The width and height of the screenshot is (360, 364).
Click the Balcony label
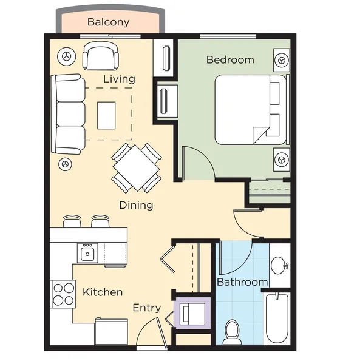(x=108, y=22)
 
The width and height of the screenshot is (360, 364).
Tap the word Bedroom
(x=230, y=59)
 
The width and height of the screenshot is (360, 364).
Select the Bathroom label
(x=242, y=282)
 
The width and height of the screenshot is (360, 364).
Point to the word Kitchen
(x=103, y=292)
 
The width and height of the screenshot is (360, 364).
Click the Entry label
(x=147, y=308)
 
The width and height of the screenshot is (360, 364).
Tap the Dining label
(x=136, y=205)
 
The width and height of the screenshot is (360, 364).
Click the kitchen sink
(x=87, y=253)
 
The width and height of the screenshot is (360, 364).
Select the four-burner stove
(x=63, y=294)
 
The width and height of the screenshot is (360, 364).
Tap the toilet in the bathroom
(x=232, y=332)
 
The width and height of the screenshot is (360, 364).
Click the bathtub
(x=277, y=320)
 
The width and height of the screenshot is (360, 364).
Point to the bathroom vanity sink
(x=279, y=265)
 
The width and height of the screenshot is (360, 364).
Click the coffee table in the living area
(x=106, y=115)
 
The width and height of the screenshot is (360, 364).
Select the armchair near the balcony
(x=101, y=56)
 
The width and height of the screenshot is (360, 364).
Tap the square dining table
(x=137, y=168)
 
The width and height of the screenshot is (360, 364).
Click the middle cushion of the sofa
(x=70, y=114)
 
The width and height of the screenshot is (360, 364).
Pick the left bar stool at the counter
(x=72, y=221)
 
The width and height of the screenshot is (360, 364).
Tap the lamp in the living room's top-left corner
(x=67, y=56)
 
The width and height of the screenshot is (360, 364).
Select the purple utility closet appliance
(x=192, y=313)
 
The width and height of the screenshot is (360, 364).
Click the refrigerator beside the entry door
(x=111, y=331)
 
